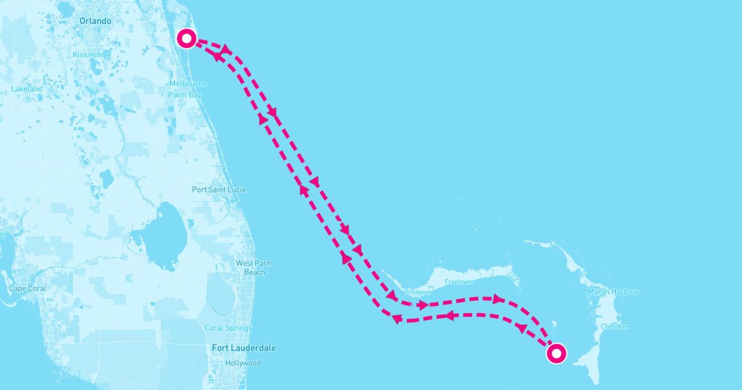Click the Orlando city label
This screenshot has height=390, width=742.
[95, 21]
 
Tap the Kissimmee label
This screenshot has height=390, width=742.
[92, 55]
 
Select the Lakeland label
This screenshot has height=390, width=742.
[27, 89]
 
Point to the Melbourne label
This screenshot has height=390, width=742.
[187, 84]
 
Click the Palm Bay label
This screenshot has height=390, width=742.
[185, 95]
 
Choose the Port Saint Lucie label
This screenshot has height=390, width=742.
[218, 189]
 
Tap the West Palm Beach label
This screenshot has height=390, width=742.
[254, 267]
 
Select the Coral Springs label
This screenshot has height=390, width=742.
[228, 328]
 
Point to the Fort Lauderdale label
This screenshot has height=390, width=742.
[244, 348]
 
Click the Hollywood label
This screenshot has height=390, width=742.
[243, 363]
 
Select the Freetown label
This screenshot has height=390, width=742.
[458, 282]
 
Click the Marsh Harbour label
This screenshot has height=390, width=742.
[613, 292]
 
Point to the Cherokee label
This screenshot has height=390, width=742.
[615, 326]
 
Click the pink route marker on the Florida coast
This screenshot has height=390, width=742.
[187, 38]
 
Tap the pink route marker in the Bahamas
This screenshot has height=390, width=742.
[556, 353]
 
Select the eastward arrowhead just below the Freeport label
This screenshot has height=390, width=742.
[423, 305]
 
